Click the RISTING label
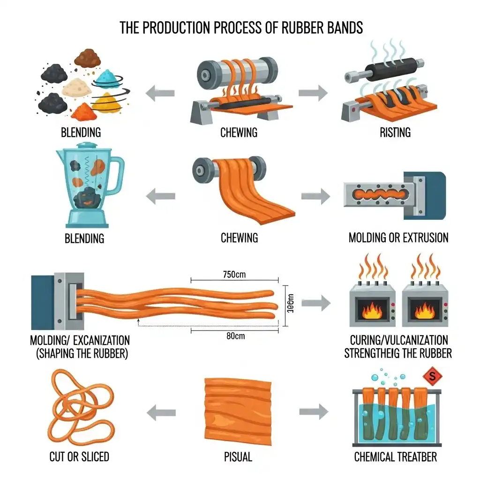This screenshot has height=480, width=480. click(395, 133)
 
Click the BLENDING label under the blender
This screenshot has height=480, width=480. click(84, 239)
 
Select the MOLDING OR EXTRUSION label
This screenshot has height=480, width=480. click(398, 238)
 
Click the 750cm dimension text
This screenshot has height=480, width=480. click(234, 275)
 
